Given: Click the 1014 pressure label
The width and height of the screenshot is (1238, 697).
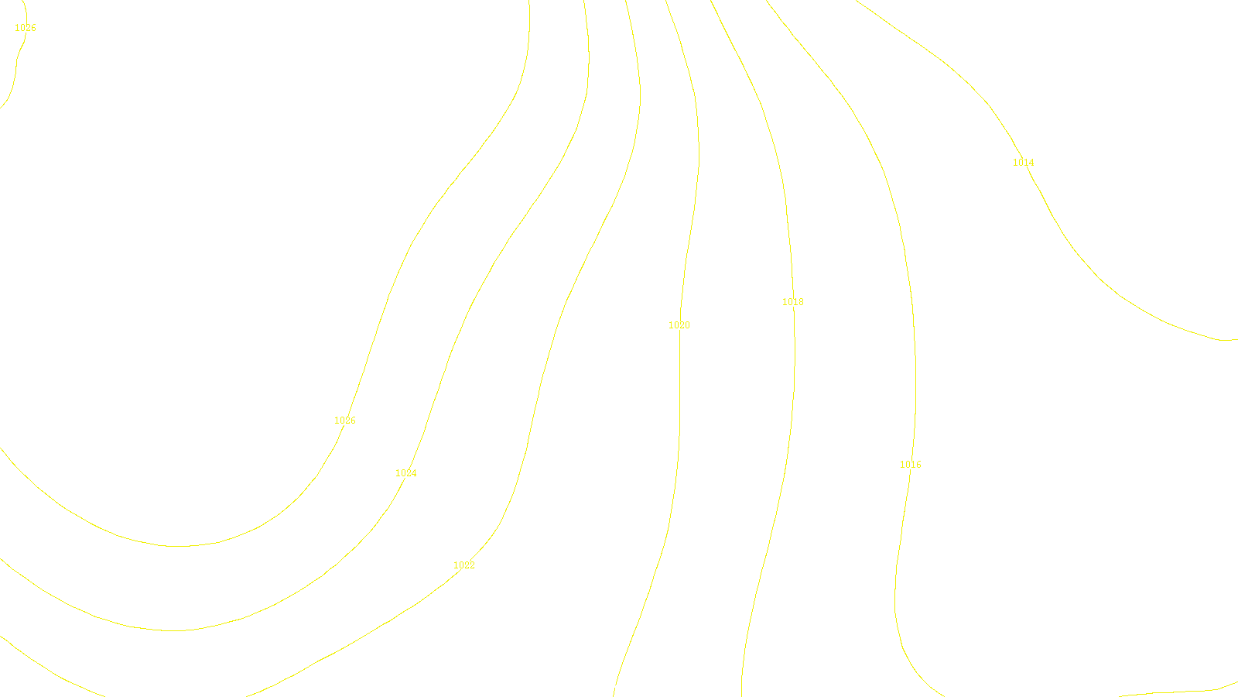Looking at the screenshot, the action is [1023, 163].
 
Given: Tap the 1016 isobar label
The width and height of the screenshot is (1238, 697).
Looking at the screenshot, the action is [910, 465].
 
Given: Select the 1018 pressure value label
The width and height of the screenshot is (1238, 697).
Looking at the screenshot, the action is [792, 302].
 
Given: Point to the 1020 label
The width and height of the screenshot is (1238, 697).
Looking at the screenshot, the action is [679, 325].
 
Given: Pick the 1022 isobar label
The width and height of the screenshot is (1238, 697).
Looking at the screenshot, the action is [463, 565].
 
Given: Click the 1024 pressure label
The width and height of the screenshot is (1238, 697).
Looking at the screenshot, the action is [405, 473].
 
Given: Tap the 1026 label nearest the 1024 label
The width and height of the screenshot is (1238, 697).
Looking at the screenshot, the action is [344, 421].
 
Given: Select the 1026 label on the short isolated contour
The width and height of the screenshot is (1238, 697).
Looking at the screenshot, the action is [25, 28].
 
